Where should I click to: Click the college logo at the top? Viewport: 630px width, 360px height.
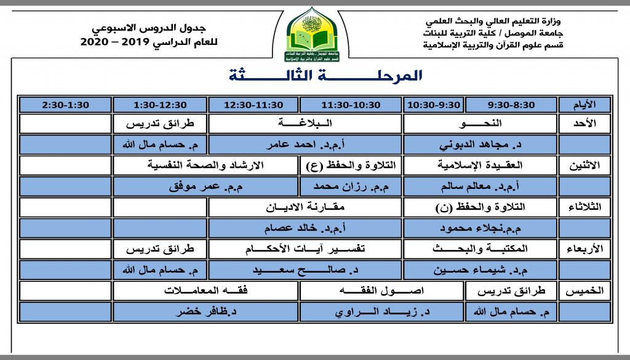coord(314,36)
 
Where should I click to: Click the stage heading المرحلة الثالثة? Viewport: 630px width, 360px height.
coord(326,76)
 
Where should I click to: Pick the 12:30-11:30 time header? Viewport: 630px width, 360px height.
coord(253,105)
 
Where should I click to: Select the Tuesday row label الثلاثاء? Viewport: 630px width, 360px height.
coord(585,207)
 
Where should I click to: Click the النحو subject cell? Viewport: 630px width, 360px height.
coord(479,124)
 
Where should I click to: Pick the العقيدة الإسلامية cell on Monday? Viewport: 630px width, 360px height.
coord(479,165)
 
